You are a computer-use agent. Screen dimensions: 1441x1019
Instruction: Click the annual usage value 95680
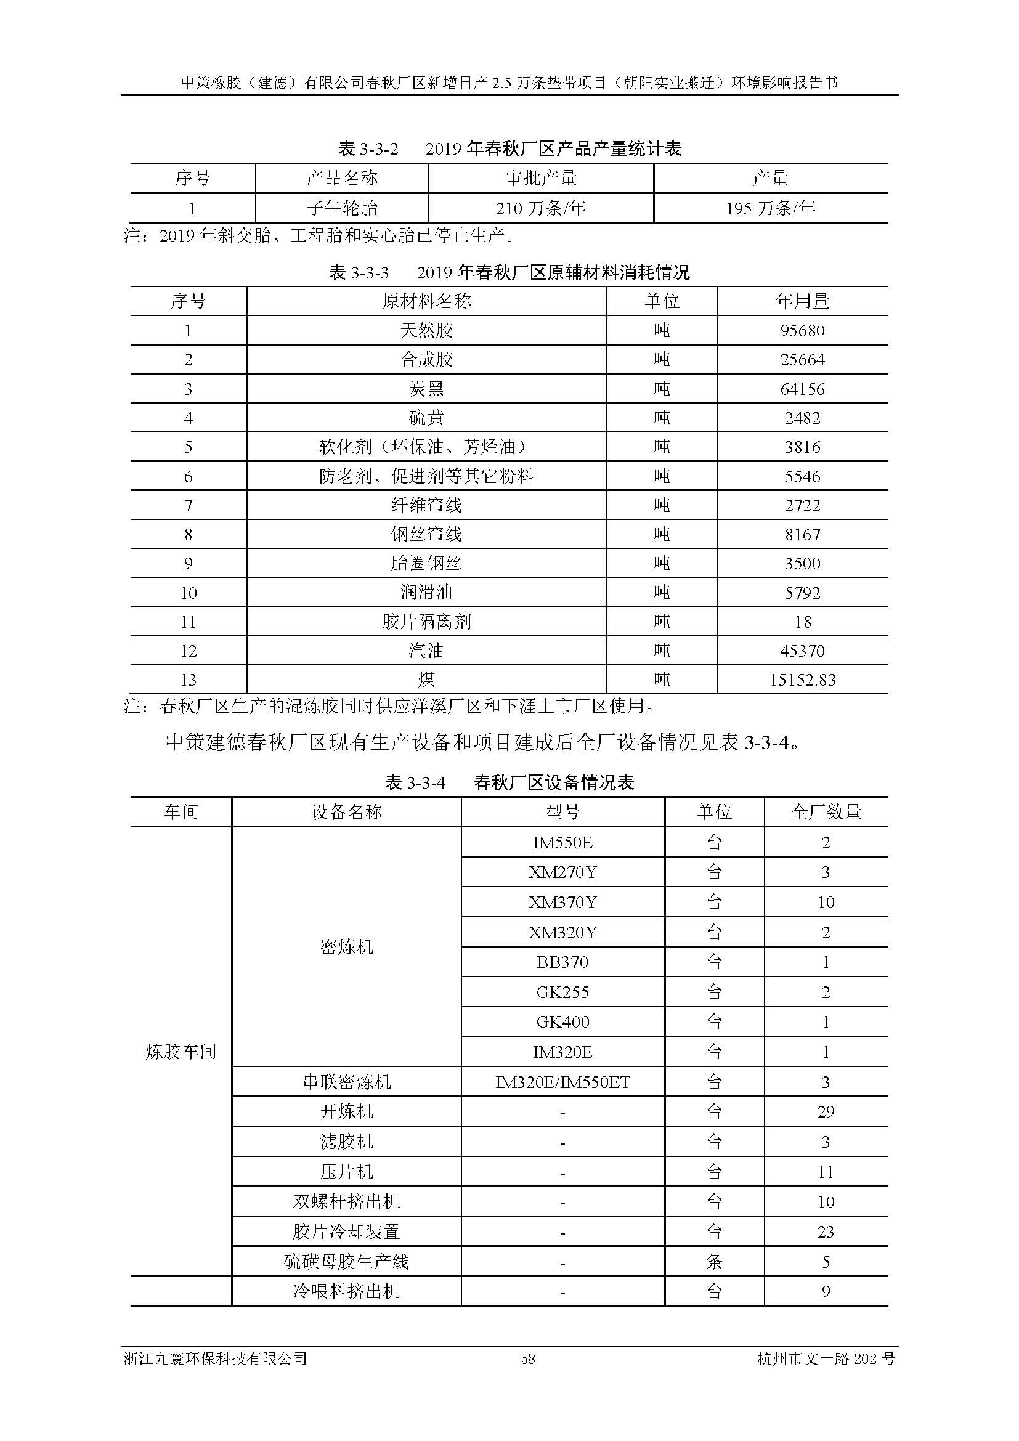tap(802, 330)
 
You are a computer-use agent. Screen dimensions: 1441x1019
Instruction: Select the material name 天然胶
tap(426, 330)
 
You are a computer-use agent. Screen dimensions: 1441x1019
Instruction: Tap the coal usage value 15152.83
tap(803, 680)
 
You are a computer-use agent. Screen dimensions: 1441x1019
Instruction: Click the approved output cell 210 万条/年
tap(540, 208)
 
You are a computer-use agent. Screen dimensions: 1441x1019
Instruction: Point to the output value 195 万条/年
tap(771, 208)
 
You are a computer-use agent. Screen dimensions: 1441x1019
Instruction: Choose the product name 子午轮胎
tap(342, 208)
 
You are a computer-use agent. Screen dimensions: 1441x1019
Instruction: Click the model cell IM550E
tap(562, 842)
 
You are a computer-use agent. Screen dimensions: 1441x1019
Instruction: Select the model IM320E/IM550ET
tap(562, 1082)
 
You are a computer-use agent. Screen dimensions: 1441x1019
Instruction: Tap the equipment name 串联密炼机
tap(346, 1082)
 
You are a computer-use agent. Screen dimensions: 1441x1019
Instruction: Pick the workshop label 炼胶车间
tap(181, 1051)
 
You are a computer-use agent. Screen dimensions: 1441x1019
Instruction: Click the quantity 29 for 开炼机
tap(826, 1111)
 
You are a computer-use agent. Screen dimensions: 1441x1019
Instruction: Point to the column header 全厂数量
tap(826, 812)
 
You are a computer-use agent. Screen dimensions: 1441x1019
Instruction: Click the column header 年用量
tap(802, 301)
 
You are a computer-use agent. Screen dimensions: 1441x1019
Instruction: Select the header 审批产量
tap(540, 178)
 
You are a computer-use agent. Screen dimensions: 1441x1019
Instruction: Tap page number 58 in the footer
tap(528, 1359)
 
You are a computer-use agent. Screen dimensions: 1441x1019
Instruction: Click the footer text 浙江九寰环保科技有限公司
tap(216, 1359)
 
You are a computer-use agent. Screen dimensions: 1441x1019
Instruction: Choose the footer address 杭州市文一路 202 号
tap(826, 1359)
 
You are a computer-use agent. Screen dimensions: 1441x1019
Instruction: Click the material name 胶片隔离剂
tap(426, 622)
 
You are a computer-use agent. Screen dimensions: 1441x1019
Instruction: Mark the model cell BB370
tap(562, 962)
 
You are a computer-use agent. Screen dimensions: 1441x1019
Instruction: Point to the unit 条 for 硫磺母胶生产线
tap(714, 1262)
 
